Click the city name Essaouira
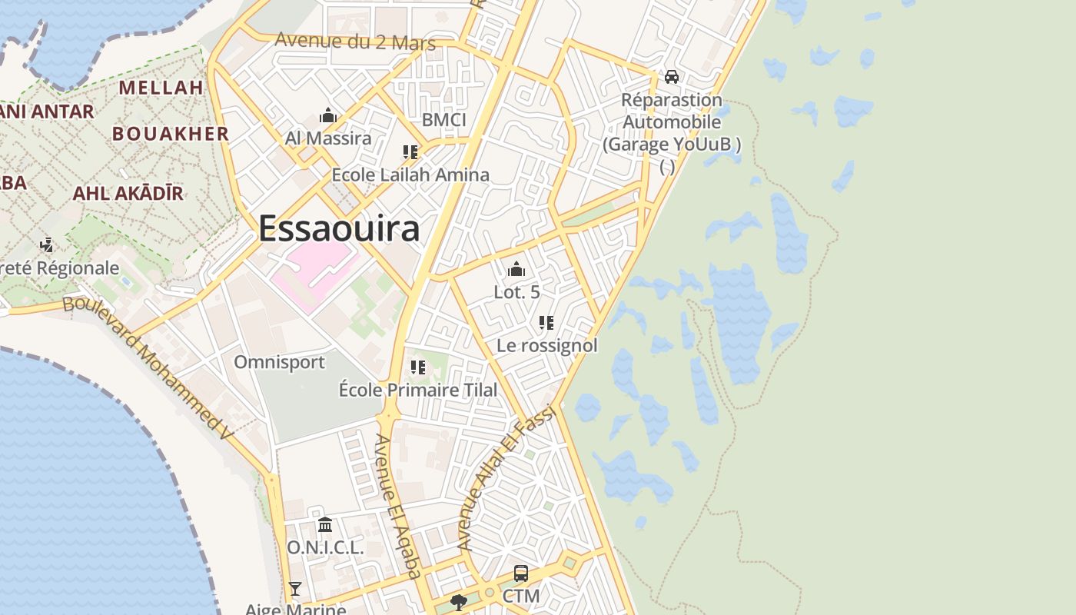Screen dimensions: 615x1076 339,228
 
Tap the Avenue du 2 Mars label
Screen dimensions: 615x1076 355,42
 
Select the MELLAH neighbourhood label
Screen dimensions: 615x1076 161,88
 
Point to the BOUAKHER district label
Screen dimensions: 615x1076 171,134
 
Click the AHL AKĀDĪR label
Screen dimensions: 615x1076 128,193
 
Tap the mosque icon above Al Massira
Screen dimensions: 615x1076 328,117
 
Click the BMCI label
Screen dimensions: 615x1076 444,120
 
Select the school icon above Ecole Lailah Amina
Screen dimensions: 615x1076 410,152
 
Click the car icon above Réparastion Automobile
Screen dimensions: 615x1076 671,77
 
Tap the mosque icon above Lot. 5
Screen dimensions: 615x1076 516,270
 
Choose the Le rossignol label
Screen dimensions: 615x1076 546,346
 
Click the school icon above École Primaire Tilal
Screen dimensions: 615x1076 418,367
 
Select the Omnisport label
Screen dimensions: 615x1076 279,362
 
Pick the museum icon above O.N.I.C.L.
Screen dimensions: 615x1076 325,525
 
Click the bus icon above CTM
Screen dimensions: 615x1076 521,573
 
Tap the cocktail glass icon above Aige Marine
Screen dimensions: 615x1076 294,589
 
